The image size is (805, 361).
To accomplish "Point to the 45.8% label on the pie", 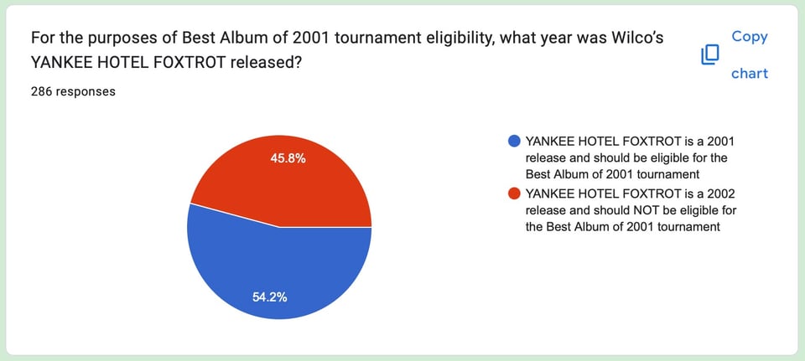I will (x=288, y=157).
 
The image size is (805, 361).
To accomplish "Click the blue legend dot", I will (x=513, y=141).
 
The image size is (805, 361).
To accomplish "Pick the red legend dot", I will (x=513, y=194).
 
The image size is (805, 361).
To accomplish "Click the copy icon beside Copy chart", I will (x=709, y=55).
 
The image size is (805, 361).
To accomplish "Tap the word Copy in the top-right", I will (x=750, y=37).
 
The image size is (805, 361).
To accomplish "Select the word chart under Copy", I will (x=750, y=74).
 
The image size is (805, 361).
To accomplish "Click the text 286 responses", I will (x=73, y=92).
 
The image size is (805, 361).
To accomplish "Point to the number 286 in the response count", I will (x=43, y=92).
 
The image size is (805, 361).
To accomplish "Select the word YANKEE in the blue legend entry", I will (x=552, y=141).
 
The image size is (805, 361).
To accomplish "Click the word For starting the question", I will (x=43, y=39).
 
